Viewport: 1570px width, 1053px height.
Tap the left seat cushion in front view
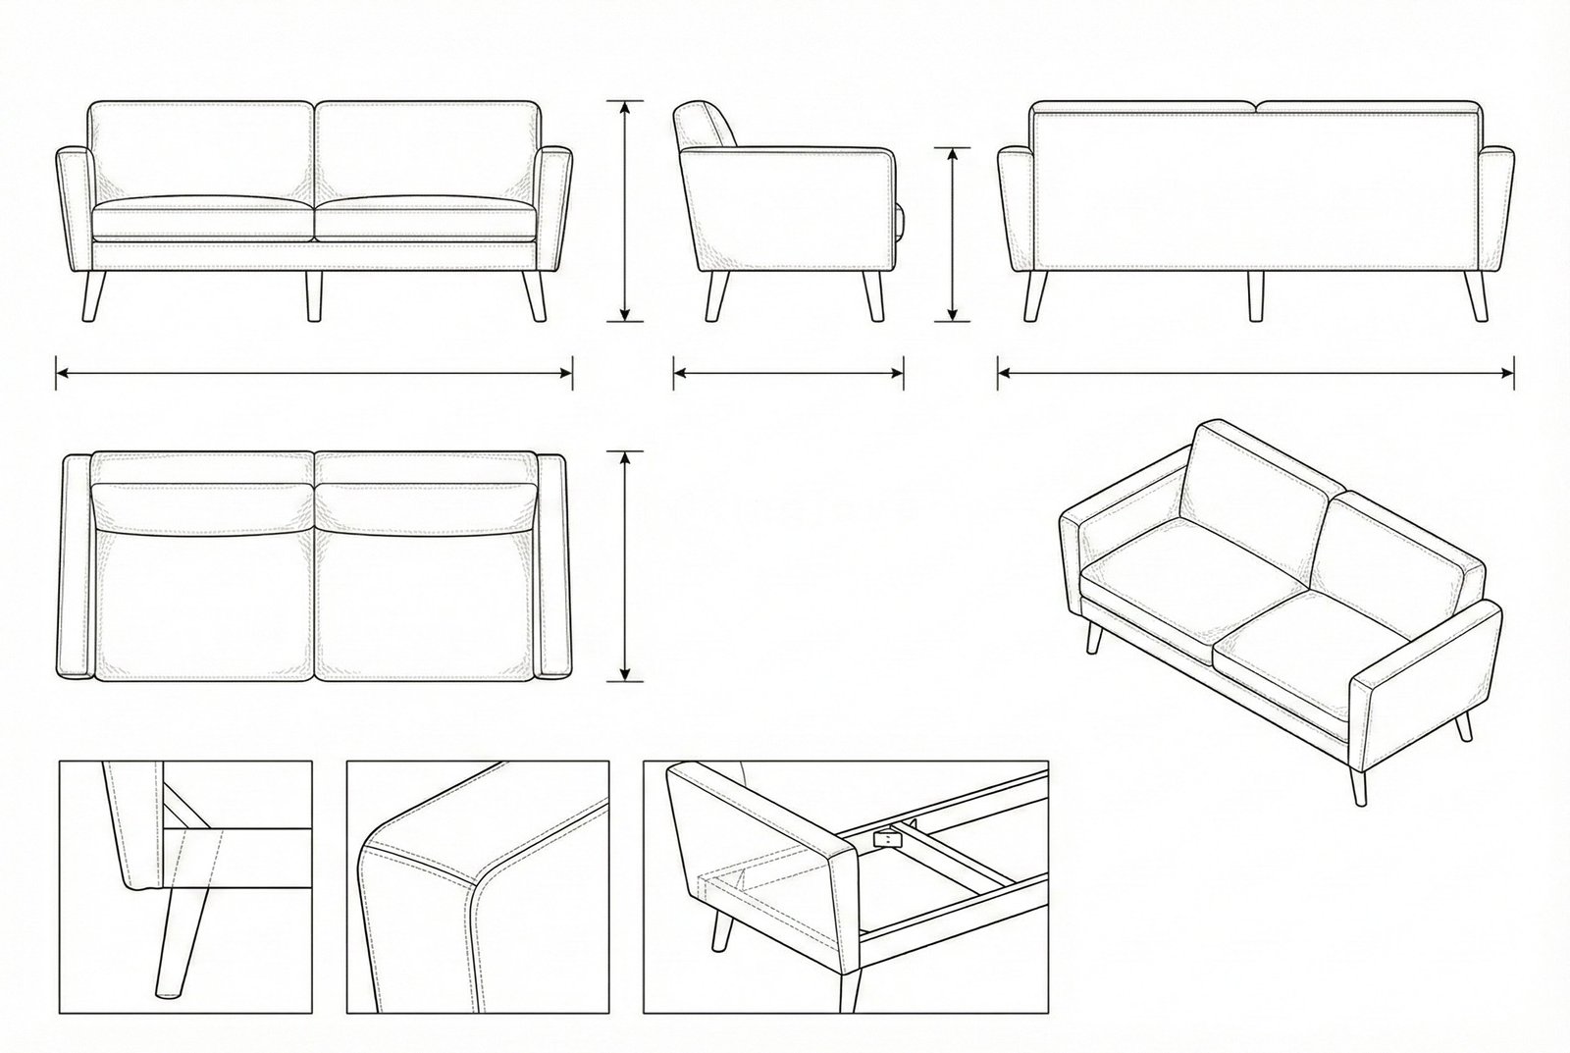[203, 216]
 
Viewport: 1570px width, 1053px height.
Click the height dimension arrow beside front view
[624, 211]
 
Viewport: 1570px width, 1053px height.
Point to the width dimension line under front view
[314, 373]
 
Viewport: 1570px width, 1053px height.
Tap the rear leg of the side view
[871, 294]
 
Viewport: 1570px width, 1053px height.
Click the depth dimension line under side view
[788, 373]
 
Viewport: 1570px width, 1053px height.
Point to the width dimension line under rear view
[1256, 373]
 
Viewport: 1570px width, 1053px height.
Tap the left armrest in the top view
[75, 567]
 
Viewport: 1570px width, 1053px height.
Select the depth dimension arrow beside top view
[624, 566]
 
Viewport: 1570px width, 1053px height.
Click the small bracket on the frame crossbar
[887, 839]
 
